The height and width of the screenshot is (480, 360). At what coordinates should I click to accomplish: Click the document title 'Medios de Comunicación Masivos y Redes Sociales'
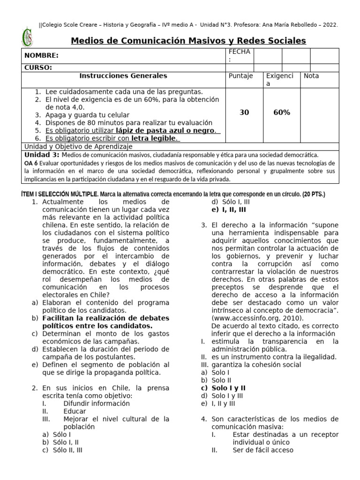coord(188,41)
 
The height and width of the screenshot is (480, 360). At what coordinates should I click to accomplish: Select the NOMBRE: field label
coord(42,56)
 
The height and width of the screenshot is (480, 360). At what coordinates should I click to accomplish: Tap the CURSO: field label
coord(38,67)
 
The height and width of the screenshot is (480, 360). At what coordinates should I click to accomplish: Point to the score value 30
coord(244,112)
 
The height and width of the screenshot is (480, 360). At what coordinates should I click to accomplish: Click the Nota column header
coord(311,76)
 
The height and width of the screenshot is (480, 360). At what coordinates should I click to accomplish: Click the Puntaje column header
coord(240,76)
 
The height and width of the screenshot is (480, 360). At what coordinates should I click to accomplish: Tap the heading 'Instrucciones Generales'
coord(123,76)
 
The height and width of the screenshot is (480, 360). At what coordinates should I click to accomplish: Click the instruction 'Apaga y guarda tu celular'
coord(87,115)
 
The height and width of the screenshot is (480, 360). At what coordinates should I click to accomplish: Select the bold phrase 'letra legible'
coord(153,139)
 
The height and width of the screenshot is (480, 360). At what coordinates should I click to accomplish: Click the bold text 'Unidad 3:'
coord(42,155)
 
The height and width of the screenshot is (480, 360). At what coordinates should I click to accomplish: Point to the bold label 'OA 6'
coord(31,163)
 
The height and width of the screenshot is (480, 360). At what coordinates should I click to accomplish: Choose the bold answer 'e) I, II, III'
coord(229,210)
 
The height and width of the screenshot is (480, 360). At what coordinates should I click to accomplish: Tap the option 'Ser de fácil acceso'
coord(262,450)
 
